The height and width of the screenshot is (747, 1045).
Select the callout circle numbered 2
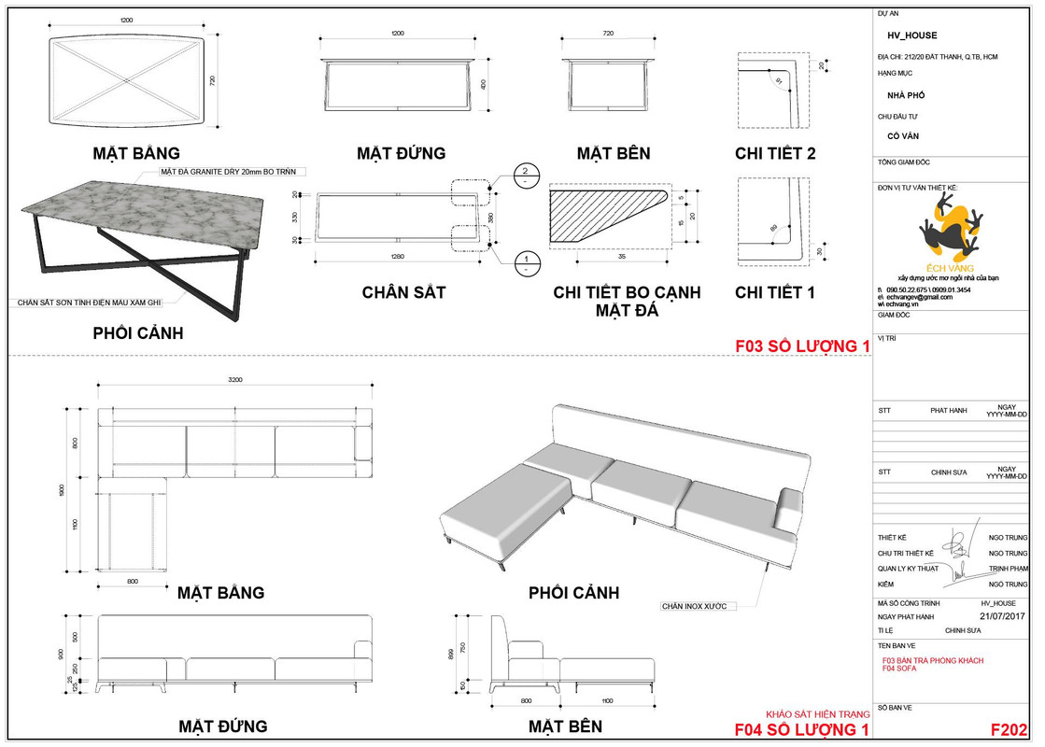coord(526,172)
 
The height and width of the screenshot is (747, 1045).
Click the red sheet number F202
coord(1009,729)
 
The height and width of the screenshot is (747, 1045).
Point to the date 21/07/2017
coord(1003,616)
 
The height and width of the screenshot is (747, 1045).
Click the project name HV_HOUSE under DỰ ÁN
coord(911,35)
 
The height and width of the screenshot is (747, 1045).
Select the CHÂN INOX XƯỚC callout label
coord(693,606)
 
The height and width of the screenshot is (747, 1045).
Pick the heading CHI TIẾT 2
coord(775,153)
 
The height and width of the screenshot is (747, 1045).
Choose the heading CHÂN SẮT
coord(403,292)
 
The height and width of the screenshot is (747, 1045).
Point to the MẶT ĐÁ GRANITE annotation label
coord(233,172)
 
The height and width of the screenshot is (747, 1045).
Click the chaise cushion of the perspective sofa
coord(504,504)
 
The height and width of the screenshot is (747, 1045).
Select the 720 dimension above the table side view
coord(609,33)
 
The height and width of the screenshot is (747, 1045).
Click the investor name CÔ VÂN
coord(903,136)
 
